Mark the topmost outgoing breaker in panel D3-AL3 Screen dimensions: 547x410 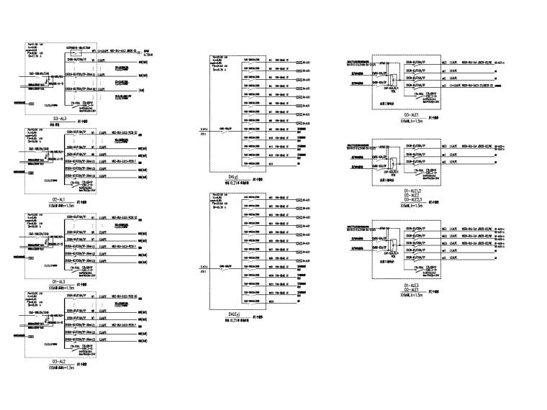tap(78, 52)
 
